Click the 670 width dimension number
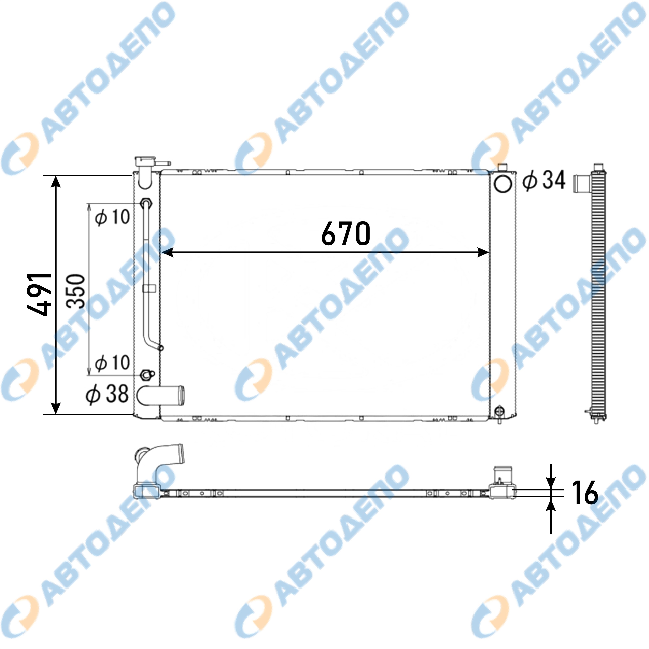[346, 233]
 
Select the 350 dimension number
[75, 291]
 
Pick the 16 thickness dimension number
[585, 493]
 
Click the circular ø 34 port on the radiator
[503, 184]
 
